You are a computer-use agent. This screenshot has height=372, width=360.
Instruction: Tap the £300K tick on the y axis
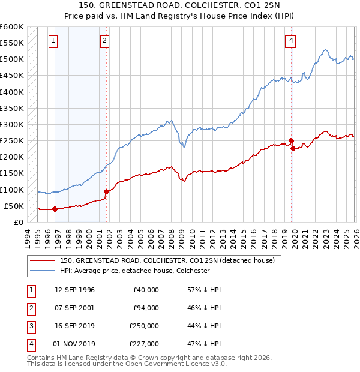coord(11,125)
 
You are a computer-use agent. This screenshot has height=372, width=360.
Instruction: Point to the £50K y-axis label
coord(13,206)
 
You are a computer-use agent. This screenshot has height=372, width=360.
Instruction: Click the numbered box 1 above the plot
coord(53,41)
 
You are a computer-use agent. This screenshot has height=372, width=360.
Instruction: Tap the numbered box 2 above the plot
coord(104,41)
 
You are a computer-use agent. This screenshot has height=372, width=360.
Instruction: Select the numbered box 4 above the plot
coord(291,41)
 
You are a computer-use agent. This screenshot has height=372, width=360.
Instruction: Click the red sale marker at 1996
coord(55,209)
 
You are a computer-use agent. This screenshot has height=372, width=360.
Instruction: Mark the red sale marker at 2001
coord(106,191)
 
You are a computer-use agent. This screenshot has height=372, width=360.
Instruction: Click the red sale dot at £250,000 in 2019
coord(291,141)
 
